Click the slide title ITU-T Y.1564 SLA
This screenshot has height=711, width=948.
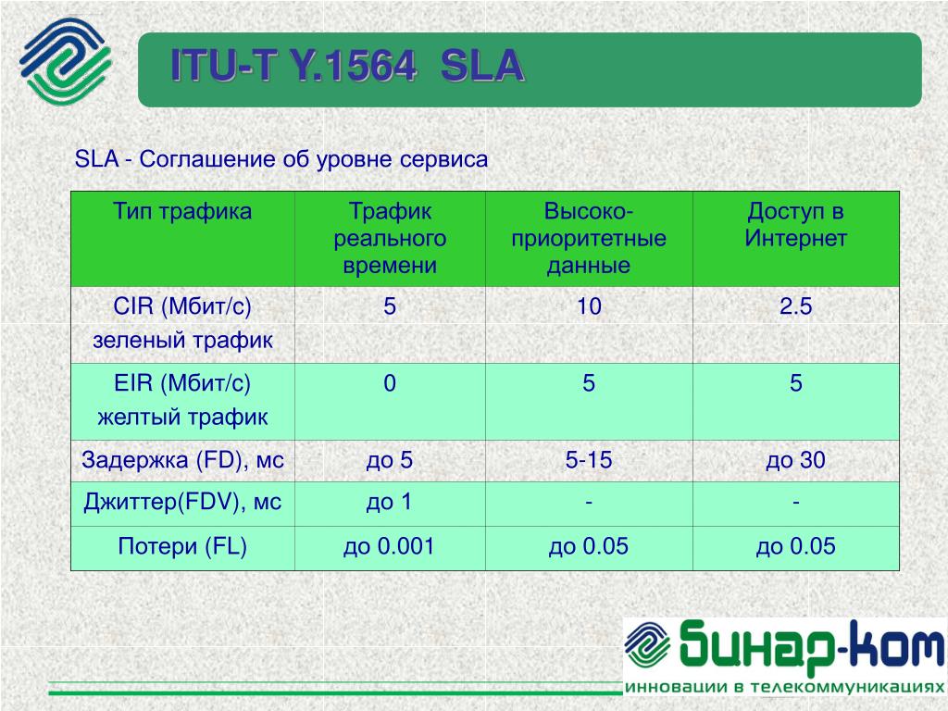point(347,66)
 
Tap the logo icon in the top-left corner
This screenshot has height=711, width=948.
point(66,61)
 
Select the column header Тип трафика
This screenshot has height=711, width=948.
point(182,212)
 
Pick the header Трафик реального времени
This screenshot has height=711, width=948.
point(390,238)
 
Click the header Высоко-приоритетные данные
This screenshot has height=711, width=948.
point(589,238)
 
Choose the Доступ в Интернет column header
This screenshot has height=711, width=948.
point(795,225)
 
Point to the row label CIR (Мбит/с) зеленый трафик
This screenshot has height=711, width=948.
point(182,323)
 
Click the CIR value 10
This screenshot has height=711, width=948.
point(589,306)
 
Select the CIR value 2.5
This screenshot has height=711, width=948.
point(795,306)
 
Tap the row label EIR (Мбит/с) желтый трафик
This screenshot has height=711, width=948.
point(182,400)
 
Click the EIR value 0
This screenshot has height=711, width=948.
point(390,383)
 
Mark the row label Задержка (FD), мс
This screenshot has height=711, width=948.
point(182,461)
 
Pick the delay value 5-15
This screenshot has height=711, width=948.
point(589,461)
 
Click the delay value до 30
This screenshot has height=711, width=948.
point(795,461)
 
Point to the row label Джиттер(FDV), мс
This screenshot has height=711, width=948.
point(182,503)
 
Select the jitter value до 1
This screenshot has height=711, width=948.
point(390,503)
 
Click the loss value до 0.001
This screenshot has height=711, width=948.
point(389,546)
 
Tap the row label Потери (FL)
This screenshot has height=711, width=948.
point(182,546)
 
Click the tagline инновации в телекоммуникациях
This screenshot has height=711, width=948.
point(784,688)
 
